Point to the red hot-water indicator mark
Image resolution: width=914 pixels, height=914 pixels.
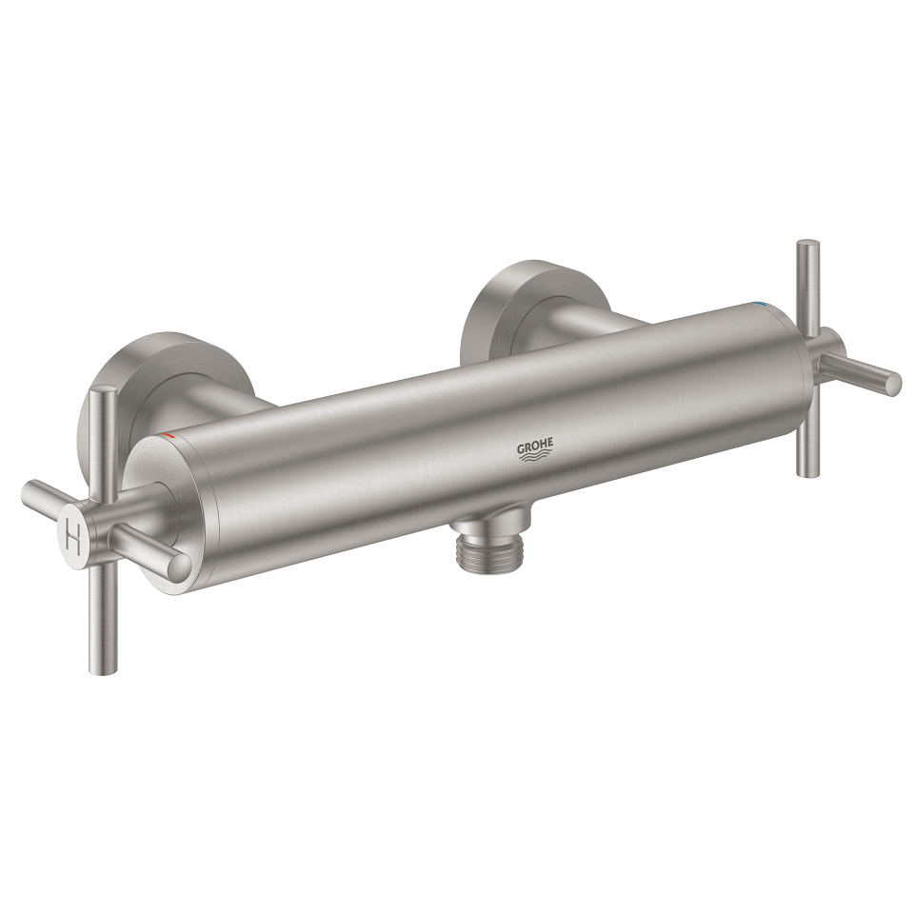tap(169, 434)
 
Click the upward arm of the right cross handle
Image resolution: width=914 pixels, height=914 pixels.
tap(807, 282)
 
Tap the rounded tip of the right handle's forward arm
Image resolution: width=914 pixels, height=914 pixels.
tap(891, 384)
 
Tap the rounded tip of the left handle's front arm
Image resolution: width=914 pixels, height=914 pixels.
tap(178, 564)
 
